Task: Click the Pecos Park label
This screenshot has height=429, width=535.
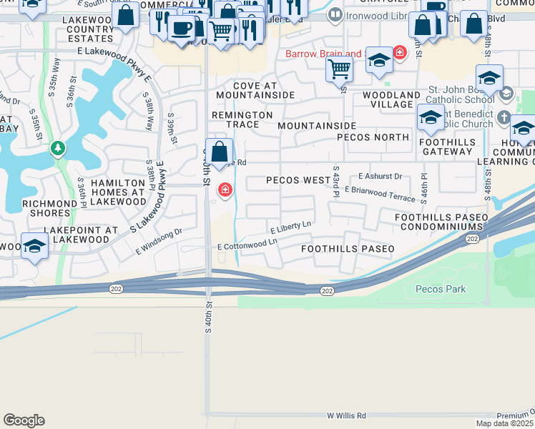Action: (441, 289)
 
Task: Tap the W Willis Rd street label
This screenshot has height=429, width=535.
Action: (346, 415)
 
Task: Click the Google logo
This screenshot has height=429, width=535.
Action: (24, 420)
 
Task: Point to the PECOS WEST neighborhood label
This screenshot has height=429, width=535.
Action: (298, 180)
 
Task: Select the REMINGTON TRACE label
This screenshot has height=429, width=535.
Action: (242, 119)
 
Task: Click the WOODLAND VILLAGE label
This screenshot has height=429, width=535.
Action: (391, 99)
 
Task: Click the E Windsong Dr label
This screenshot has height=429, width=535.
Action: (159, 242)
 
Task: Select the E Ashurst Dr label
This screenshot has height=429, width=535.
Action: (381, 176)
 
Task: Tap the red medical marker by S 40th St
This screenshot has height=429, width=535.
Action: (225, 189)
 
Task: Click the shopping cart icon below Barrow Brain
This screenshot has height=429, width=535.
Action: (339, 69)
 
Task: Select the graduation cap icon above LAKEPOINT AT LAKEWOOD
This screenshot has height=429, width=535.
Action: (34, 247)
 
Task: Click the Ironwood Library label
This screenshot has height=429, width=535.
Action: (365, 14)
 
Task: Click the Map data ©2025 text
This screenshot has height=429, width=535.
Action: (504, 423)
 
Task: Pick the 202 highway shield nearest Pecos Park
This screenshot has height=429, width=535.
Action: (327, 290)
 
